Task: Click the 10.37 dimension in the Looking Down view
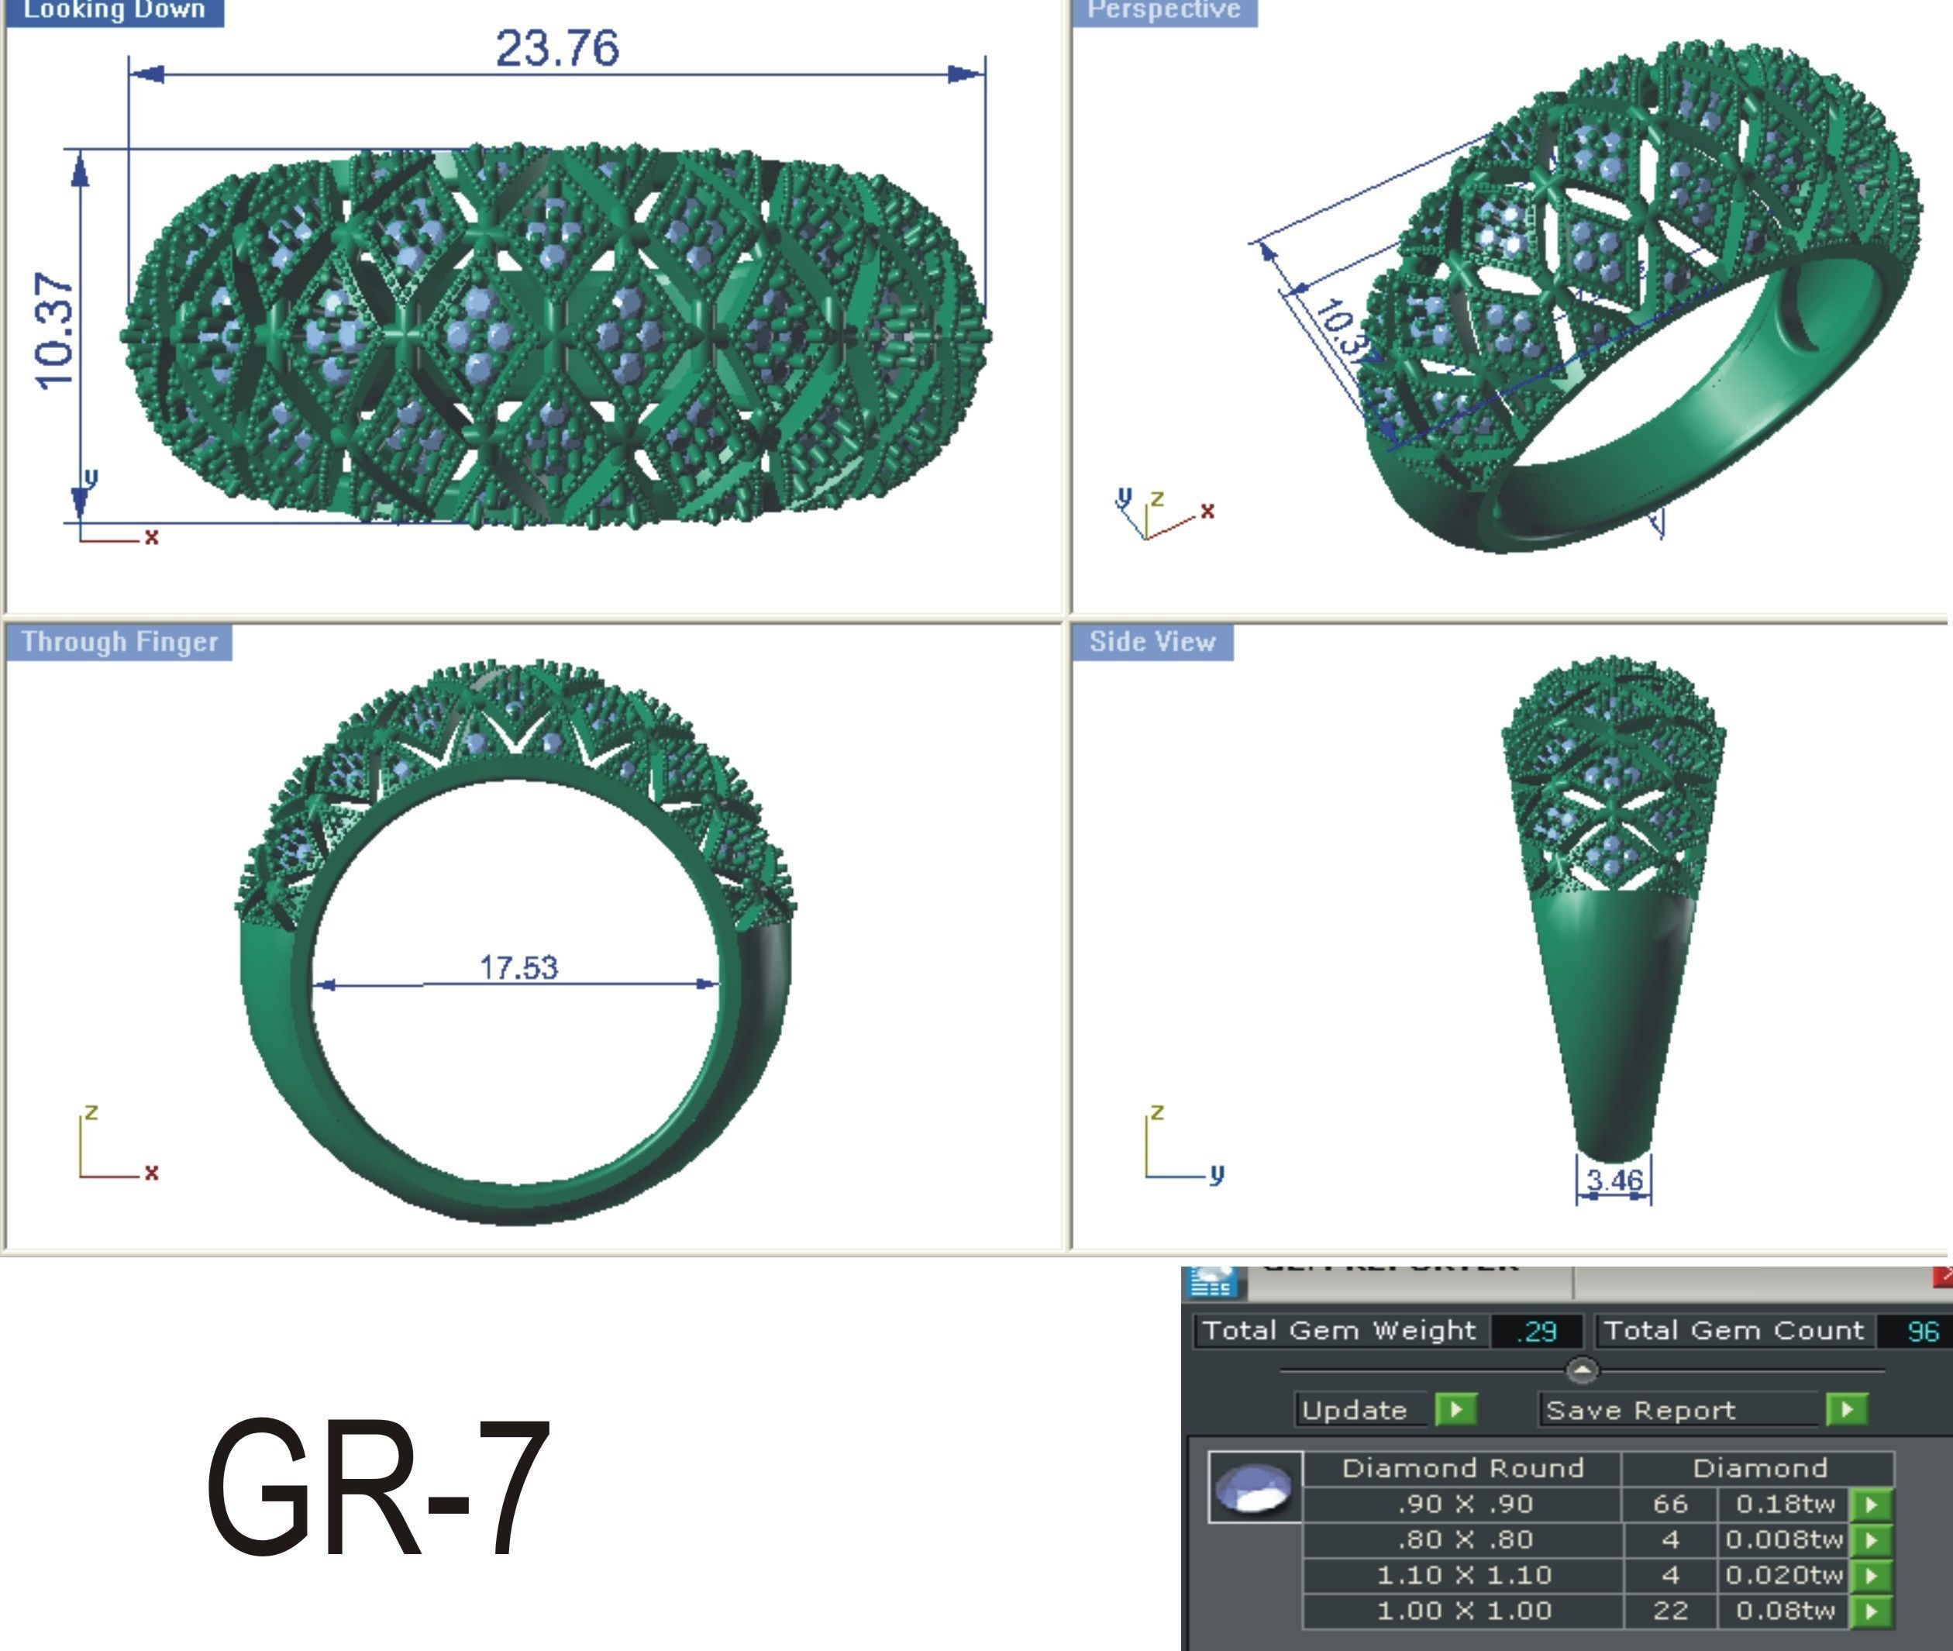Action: click(54, 330)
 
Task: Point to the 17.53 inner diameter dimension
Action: click(518, 967)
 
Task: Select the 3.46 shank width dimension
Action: click(1614, 1181)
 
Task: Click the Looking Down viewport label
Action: click(113, 11)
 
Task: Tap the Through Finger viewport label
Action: click(120, 642)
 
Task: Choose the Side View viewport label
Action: click(1152, 642)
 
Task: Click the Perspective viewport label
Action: click(1163, 11)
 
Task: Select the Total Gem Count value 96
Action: click(1922, 1331)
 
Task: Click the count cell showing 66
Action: click(1669, 1504)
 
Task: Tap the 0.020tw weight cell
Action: click(1783, 1575)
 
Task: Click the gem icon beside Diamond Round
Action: click(1255, 1488)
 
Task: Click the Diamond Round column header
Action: click(1462, 1467)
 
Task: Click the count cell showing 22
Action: click(1669, 1611)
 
